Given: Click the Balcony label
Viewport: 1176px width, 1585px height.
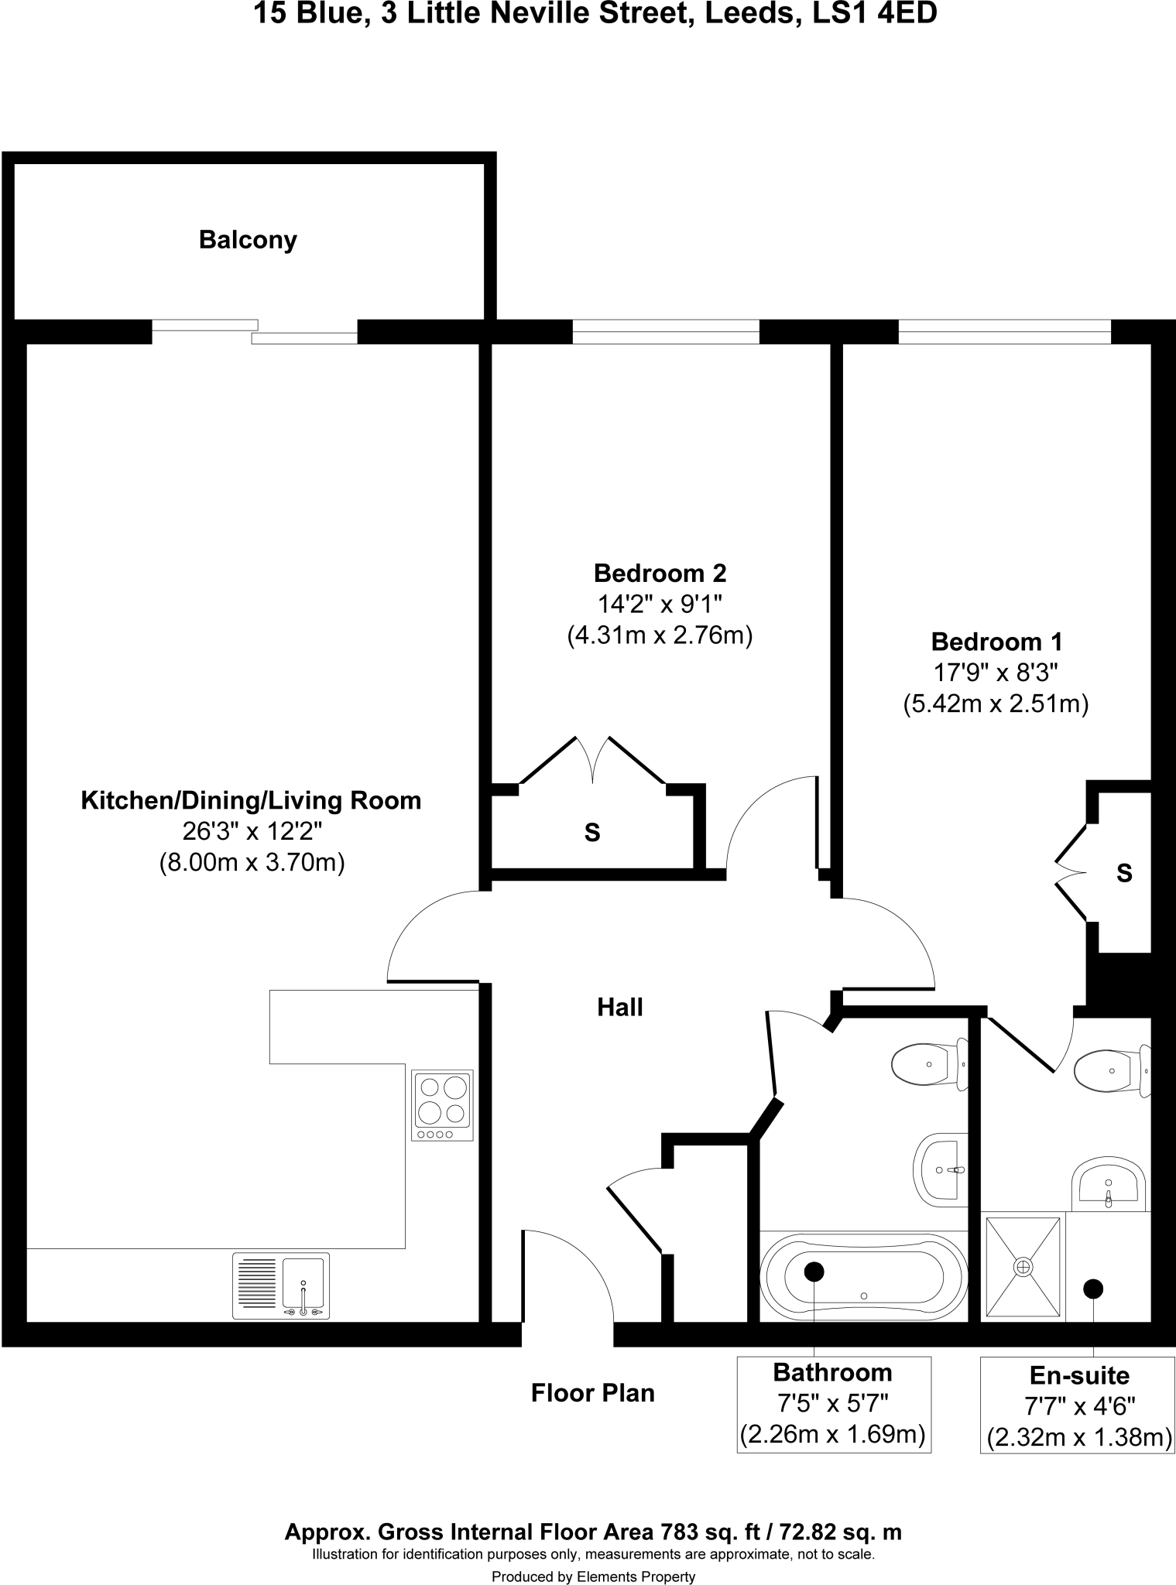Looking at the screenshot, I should [248, 240].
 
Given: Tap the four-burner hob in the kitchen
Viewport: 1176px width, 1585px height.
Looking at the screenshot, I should [442, 1105].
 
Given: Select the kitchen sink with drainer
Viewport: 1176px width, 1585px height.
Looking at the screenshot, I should [281, 1285].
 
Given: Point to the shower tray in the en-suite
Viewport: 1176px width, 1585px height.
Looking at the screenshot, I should [1023, 1267].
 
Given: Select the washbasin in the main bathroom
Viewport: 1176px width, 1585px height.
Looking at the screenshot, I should [941, 1169].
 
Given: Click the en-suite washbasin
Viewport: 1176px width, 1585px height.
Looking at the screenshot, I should [1108, 1184].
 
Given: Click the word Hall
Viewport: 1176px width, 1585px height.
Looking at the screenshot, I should [620, 1007].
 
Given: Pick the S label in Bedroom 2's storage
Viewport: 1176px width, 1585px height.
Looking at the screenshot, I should [592, 833].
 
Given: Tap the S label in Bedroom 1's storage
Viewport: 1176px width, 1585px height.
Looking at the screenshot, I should [1124, 873].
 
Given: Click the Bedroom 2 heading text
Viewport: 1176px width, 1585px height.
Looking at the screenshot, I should [660, 573].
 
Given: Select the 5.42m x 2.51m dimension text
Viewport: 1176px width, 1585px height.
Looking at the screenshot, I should [996, 704].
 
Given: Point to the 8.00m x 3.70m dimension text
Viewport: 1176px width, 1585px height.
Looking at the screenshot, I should [252, 862].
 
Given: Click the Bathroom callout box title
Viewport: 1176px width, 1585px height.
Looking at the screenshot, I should [832, 1372].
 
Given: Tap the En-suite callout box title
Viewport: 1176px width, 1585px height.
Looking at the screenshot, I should [1079, 1375].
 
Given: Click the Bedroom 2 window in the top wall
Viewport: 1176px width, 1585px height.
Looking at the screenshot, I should [666, 331].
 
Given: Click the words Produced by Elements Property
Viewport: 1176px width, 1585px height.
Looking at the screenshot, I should [593, 1570].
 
